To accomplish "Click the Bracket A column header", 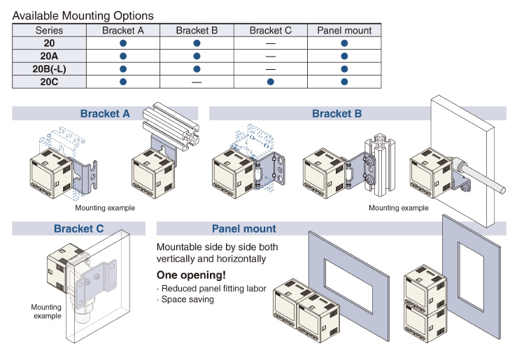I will [123, 30].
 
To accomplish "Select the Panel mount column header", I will [344, 30].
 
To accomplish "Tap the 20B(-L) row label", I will [50, 69].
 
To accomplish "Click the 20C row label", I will [50, 82].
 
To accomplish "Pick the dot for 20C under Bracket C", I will [270, 82].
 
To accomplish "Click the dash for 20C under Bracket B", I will [197, 82].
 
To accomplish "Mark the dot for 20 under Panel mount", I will [344, 43].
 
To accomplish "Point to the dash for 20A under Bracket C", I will [270, 56].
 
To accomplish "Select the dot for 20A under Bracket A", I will [123, 56].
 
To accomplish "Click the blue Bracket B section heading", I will [337, 113].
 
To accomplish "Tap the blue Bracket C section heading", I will [78, 229].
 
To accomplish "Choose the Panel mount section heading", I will [243, 229].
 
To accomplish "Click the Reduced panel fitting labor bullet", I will [213, 288].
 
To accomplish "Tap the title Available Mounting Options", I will [83, 15].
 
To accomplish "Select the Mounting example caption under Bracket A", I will [105, 208].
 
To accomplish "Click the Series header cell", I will [49, 30].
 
